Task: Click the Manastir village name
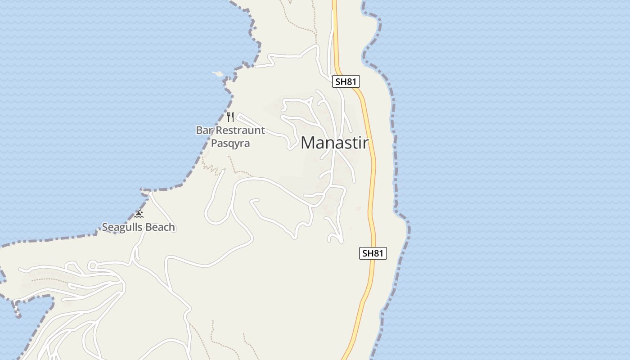point(334,143)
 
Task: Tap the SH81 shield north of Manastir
point(346,81)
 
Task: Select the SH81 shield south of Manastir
point(373,253)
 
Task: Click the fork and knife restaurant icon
point(230,117)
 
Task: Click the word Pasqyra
point(230,144)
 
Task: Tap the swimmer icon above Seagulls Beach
point(139,214)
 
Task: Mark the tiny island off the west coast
point(218,74)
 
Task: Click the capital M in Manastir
point(308,143)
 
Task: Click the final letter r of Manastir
point(366,143)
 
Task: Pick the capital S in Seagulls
point(105,227)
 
